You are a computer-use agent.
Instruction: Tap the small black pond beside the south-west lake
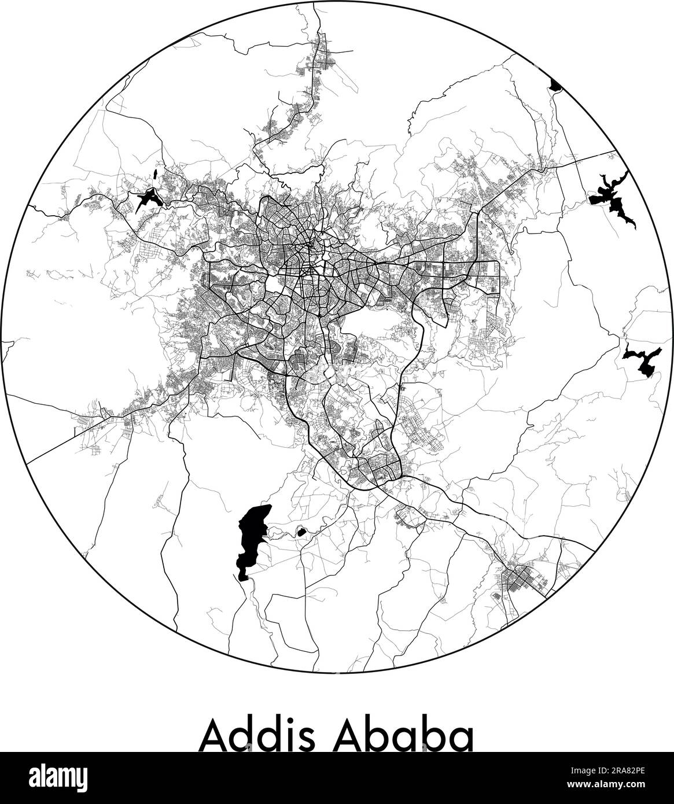301,531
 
